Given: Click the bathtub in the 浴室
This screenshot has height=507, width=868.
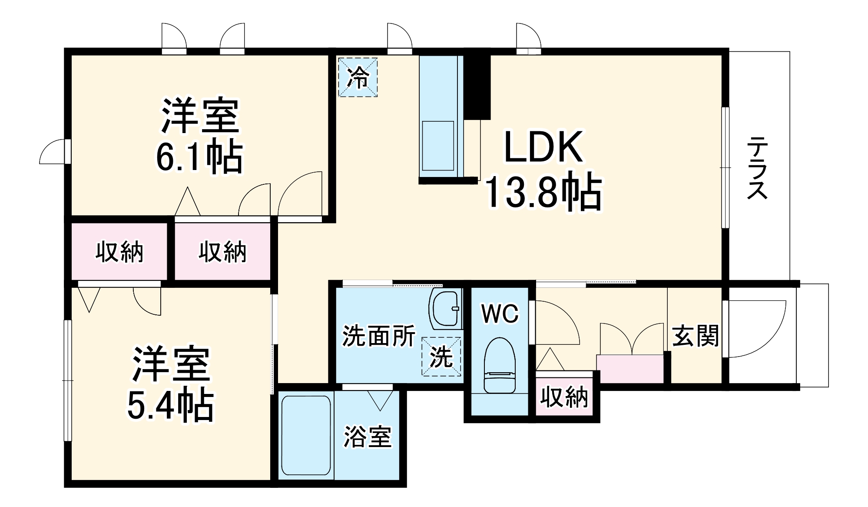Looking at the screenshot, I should point(306,435).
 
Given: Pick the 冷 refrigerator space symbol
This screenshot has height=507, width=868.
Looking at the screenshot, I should point(358,77).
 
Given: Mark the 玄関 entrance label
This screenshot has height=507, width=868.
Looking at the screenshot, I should point(695,336).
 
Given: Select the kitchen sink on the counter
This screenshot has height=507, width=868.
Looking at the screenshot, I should point(437,146).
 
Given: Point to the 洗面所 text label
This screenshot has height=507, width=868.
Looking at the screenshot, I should point(378,336).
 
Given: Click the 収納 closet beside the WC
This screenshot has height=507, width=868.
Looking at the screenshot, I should point(564,397).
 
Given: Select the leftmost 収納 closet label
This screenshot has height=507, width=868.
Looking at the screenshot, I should point(119,252).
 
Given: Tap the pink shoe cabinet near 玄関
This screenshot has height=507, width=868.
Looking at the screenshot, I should point(630,369).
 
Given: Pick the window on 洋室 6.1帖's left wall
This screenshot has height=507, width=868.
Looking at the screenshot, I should point(68,151).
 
